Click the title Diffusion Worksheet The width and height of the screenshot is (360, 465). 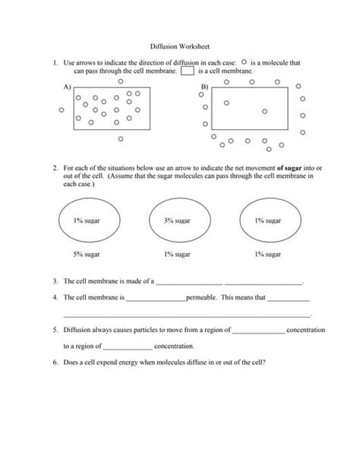pyautogui.click(x=178, y=46)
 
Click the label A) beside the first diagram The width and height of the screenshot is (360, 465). pyautogui.click(x=66, y=87)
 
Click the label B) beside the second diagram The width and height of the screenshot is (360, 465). pyautogui.click(x=204, y=88)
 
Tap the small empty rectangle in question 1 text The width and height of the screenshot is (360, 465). pyautogui.click(x=187, y=71)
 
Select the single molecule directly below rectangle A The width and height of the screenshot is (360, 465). pyautogui.click(x=121, y=140)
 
